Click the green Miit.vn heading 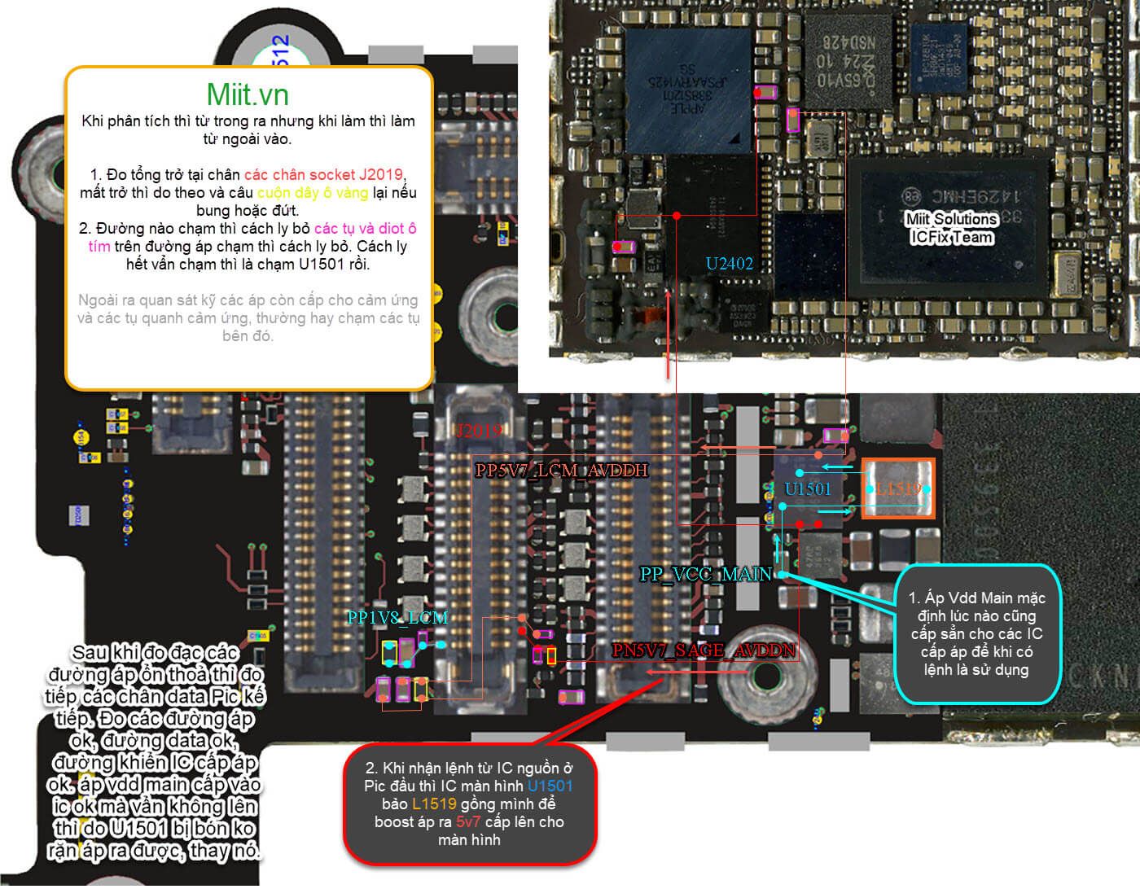click(x=248, y=95)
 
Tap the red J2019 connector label click(x=478, y=431)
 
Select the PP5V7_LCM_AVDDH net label click(x=561, y=470)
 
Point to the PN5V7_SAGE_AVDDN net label click(x=704, y=650)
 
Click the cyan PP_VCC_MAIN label click(x=705, y=574)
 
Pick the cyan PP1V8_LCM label click(x=397, y=617)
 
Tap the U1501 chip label click(x=807, y=488)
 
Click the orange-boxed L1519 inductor click(x=898, y=488)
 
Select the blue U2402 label click(x=729, y=263)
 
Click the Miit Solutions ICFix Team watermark click(x=951, y=228)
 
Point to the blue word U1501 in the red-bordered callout click(x=550, y=786)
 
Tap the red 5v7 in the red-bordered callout click(x=467, y=821)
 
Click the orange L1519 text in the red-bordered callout click(x=434, y=804)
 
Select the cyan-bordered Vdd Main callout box click(x=977, y=633)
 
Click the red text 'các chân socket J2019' click(x=323, y=174)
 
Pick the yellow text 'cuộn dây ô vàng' click(x=312, y=192)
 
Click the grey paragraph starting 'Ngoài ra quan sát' click(x=248, y=317)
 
